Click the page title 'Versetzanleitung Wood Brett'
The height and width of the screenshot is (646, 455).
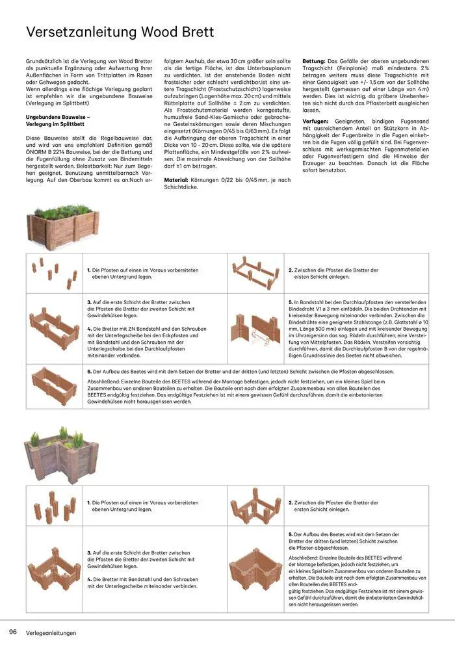click(x=120, y=32)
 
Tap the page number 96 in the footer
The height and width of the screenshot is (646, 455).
click(x=12, y=632)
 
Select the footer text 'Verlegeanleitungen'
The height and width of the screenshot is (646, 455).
click(x=51, y=632)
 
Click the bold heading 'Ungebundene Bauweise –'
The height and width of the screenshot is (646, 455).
click(x=57, y=117)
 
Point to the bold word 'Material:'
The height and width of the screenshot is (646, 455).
click(x=176, y=179)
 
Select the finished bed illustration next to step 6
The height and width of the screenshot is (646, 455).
click(x=54, y=386)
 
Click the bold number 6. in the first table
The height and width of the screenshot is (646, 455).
click(x=89, y=371)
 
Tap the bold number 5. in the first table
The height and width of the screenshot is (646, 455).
click(x=290, y=302)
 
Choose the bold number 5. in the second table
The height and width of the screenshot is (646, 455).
click(x=290, y=534)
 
